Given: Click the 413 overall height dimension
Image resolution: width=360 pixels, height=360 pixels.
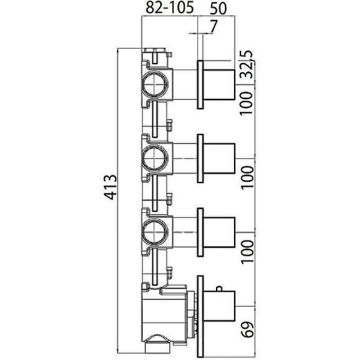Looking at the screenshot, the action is click(x=110, y=187).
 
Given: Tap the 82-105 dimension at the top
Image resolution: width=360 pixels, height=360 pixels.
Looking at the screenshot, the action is click(x=170, y=8).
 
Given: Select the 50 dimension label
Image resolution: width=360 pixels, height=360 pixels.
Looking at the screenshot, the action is click(x=218, y=9).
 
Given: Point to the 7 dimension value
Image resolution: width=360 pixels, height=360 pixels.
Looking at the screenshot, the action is click(x=213, y=26).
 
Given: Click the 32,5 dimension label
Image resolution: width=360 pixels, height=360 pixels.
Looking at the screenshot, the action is click(x=247, y=65).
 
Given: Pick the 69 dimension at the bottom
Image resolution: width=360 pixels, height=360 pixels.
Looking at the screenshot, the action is click(x=247, y=329).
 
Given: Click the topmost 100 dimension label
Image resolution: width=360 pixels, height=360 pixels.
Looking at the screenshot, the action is click(x=247, y=103).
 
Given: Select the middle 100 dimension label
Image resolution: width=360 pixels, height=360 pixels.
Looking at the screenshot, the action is click(x=247, y=177).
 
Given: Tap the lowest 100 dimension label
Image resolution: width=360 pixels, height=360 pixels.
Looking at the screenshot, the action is click(x=247, y=251).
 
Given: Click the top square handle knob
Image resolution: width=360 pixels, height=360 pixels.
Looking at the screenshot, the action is click(x=219, y=84).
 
